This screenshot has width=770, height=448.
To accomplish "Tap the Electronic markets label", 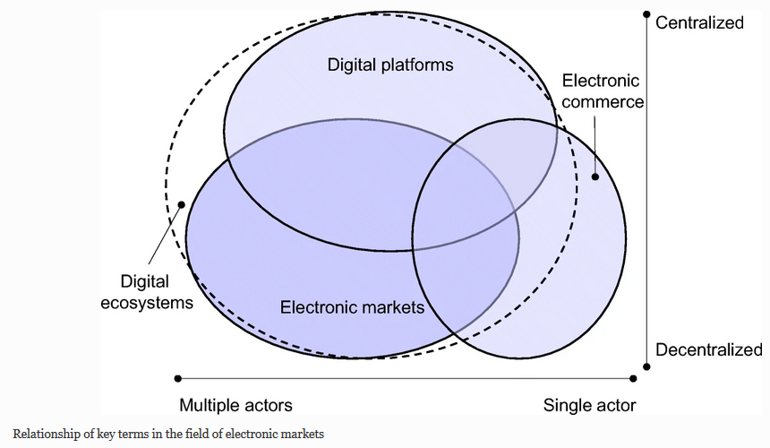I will (352, 307).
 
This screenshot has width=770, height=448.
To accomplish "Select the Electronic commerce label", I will (602, 91).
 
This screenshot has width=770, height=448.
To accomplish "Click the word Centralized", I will (699, 22).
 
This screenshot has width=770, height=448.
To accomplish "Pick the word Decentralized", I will (708, 349).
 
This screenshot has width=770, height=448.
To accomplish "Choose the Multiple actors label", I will (235, 405).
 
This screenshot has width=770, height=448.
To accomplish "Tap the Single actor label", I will (589, 405).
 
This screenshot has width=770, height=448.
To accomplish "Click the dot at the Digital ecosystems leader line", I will (183, 204).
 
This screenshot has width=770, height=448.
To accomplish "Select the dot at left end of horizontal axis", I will (177, 378).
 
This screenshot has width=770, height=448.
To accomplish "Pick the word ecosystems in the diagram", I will (157, 302).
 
